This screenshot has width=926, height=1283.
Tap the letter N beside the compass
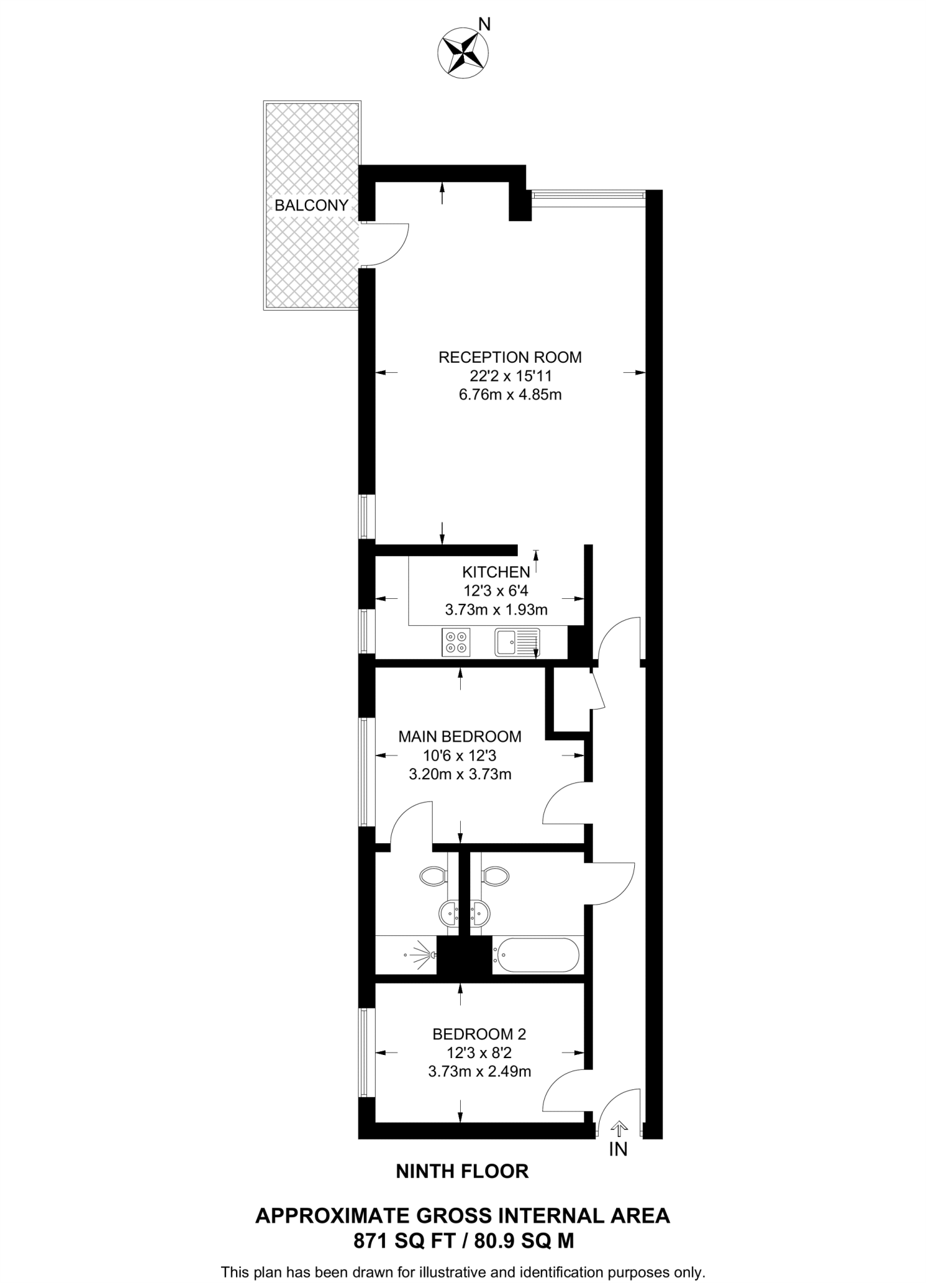[x=484, y=24]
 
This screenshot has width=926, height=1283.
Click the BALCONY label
[x=311, y=205]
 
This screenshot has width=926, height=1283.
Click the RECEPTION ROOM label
[x=510, y=358]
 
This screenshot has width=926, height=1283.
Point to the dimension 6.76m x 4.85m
[x=510, y=395]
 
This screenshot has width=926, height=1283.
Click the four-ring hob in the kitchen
[x=456, y=642]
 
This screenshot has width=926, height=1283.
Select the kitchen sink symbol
[x=517, y=642]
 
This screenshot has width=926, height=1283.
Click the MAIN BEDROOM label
[x=460, y=736]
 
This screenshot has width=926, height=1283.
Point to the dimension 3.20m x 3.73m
[x=460, y=774]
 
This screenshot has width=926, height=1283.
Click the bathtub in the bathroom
[x=535, y=955]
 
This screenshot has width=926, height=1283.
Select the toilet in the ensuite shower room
[x=433, y=876]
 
